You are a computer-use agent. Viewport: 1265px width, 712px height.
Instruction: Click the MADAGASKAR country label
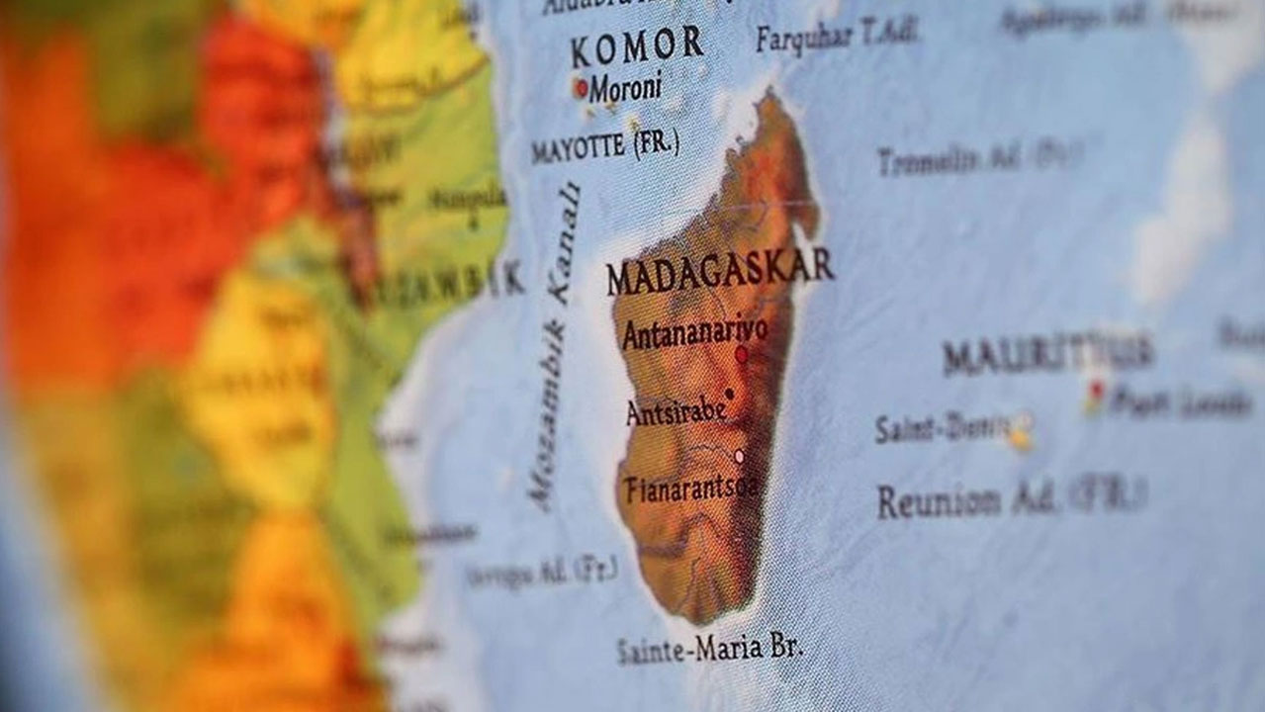tap(720, 271)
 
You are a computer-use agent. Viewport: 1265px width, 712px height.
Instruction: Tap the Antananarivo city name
tap(694, 332)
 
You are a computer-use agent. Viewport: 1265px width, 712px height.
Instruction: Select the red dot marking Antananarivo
tap(741, 354)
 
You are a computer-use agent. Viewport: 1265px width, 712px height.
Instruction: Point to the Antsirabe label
tap(677, 411)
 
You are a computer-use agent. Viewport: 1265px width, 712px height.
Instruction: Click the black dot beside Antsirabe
tap(729, 394)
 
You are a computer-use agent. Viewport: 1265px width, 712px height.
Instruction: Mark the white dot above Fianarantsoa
tap(739, 456)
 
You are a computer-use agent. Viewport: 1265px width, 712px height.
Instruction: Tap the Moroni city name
tap(625, 89)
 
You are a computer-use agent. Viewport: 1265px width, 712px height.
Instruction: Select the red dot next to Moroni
tap(581, 87)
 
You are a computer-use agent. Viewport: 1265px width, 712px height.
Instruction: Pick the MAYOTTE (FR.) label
tap(604, 147)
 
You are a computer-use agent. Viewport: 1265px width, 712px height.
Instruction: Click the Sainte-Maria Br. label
tap(709, 650)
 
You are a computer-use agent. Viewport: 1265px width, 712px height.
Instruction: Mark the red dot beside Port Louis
tap(1094, 388)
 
